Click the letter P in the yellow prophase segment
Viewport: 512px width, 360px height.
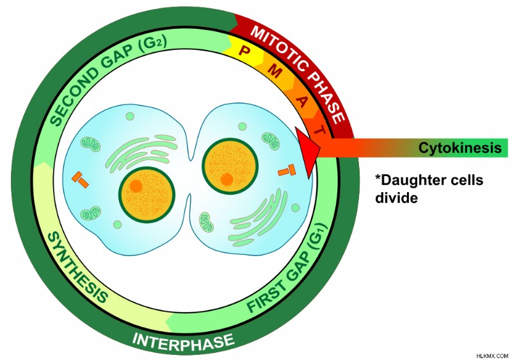tap(243, 51)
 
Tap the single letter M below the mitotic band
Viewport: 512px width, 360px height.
tap(275, 70)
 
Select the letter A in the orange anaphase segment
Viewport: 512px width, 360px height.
tap(302, 102)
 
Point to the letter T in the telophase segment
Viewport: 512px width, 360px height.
tap(319, 130)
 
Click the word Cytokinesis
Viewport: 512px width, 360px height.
tap(460, 148)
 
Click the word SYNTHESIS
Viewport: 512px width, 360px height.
tap(77, 266)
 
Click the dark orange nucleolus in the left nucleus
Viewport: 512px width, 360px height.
tap(136, 186)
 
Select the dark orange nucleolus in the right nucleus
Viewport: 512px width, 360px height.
tap(227, 179)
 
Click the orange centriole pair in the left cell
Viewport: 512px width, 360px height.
tap(81, 179)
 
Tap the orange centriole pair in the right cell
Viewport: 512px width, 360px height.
tap(287, 170)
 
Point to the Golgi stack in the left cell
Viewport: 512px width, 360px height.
tap(141, 152)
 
